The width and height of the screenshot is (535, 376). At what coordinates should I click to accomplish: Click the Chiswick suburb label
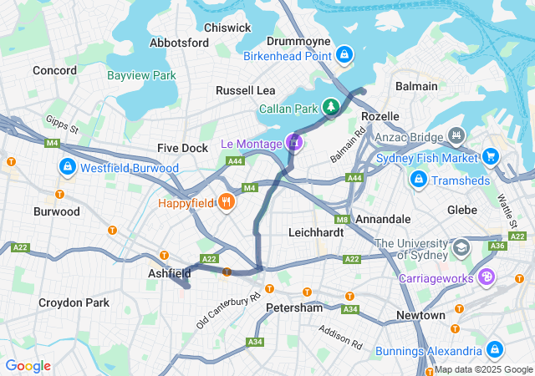point(227,28)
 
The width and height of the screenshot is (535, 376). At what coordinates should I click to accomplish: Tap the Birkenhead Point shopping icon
point(344,56)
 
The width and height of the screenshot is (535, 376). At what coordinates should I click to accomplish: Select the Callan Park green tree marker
point(332,108)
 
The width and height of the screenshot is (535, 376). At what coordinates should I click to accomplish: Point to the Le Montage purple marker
point(293,143)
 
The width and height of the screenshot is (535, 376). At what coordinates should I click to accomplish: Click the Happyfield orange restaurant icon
point(225,202)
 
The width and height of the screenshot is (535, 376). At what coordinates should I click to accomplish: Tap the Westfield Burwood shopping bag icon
point(66,168)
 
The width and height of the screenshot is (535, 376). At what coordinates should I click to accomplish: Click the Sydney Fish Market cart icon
point(490,155)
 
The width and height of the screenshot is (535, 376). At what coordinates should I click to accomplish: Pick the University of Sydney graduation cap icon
point(461,247)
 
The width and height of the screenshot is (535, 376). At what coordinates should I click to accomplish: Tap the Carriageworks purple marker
point(485,279)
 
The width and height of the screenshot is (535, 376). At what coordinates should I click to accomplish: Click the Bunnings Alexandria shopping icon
point(494,349)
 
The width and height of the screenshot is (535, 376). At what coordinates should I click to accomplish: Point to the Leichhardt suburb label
point(315,232)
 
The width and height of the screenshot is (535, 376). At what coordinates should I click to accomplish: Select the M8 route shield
point(342,219)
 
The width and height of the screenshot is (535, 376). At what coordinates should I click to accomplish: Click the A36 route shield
point(497,246)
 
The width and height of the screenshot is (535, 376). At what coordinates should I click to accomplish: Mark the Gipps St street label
point(63,125)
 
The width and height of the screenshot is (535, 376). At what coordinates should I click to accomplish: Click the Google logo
point(28,365)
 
